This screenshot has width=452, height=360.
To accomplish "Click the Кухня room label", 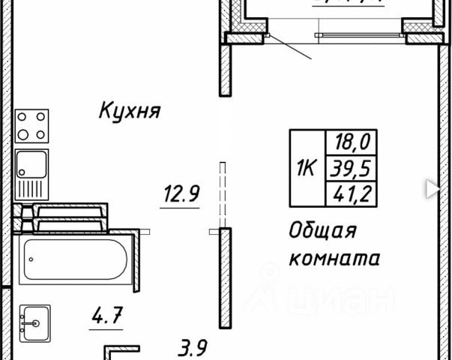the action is click(130, 112).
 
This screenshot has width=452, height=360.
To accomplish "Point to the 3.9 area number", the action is click(193, 347).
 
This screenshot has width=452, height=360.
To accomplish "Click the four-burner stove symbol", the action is click(31, 125).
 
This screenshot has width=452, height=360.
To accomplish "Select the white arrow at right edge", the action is click(433, 188).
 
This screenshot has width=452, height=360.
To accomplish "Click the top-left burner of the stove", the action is click(23, 117).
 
